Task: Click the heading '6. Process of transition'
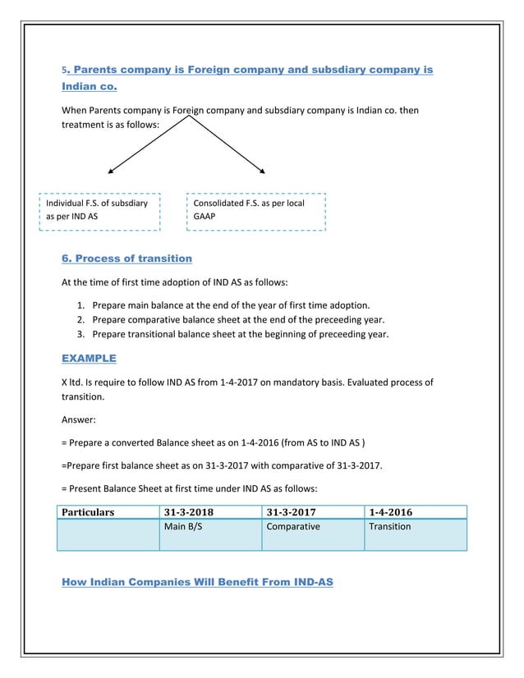127,259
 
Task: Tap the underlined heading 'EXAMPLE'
89,358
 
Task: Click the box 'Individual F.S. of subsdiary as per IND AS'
99,211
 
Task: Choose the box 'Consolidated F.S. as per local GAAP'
258,211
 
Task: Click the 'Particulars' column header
89,512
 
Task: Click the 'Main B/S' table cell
183,527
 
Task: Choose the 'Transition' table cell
390,527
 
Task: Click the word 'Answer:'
80,419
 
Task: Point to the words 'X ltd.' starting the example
76,383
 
